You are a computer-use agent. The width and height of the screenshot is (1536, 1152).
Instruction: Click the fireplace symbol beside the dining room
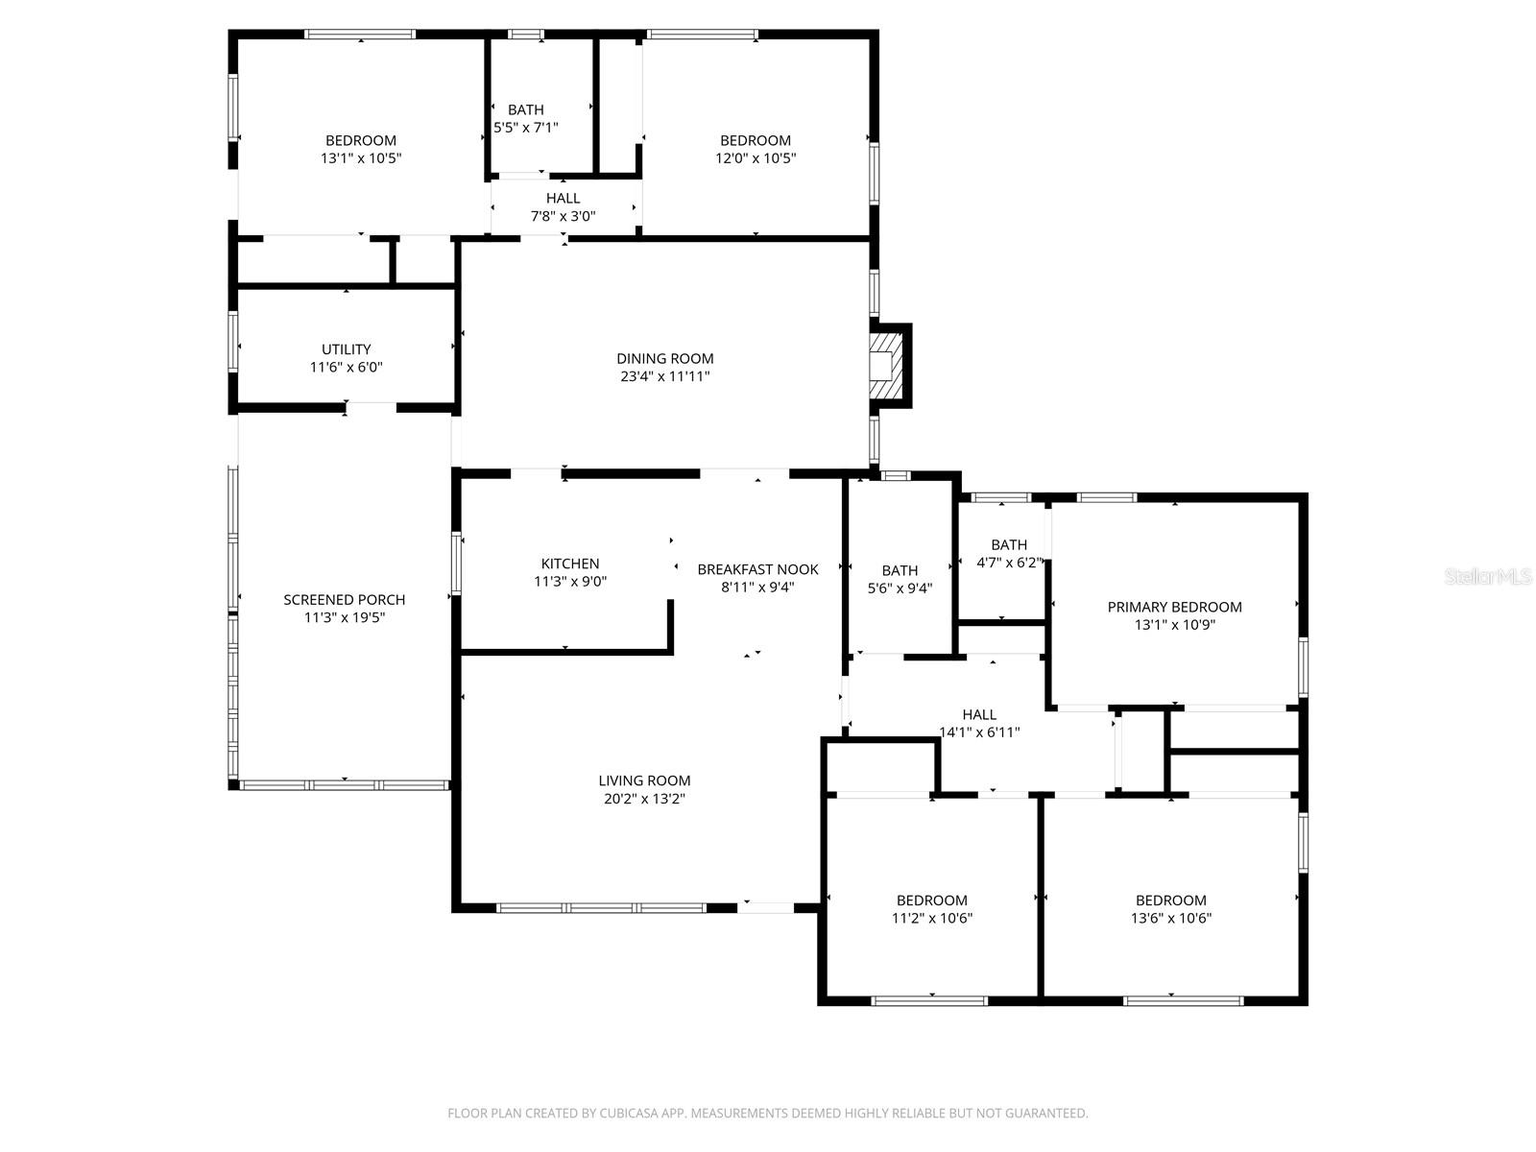pyautogui.click(x=887, y=365)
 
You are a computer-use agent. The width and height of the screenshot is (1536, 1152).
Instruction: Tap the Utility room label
pyautogui.click(x=346, y=349)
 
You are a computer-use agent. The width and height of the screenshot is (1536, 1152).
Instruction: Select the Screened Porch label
pyautogui.click(x=344, y=600)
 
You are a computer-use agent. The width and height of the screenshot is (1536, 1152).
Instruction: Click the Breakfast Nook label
pyautogui.click(x=757, y=569)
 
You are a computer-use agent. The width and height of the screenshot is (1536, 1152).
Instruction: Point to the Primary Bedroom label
pyautogui.click(x=1174, y=607)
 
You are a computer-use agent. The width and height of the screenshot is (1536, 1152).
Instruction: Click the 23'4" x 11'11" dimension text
pyautogui.click(x=664, y=376)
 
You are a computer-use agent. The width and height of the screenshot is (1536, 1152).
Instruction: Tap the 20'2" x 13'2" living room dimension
pyautogui.click(x=644, y=799)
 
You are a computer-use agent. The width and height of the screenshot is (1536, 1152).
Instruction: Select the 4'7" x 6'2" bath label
pyautogui.click(x=1008, y=563)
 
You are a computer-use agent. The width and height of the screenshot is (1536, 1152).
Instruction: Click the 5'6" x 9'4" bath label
pyautogui.click(x=900, y=588)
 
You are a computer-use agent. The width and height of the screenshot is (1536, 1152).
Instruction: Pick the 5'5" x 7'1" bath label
pyautogui.click(x=525, y=128)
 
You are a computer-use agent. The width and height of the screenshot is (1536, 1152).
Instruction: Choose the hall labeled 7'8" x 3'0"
pyautogui.click(x=563, y=207)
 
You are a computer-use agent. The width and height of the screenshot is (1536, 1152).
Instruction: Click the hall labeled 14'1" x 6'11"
pyautogui.click(x=979, y=723)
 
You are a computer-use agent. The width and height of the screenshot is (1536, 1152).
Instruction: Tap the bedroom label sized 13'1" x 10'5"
pyautogui.click(x=360, y=150)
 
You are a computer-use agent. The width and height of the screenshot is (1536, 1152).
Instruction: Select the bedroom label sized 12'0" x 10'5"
pyautogui.click(x=756, y=150)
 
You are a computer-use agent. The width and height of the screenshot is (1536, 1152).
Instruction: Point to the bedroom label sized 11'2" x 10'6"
pyautogui.click(x=931, y=909)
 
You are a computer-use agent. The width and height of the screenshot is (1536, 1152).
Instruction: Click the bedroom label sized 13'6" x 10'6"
pyautogui.click(x=1170, y=909)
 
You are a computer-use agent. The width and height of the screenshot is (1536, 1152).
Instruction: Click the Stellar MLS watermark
pyautogui.click(x=1488, y=577)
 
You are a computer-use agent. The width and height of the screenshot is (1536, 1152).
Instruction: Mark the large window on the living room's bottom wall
pyautogui.click(x=602, y=907)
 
